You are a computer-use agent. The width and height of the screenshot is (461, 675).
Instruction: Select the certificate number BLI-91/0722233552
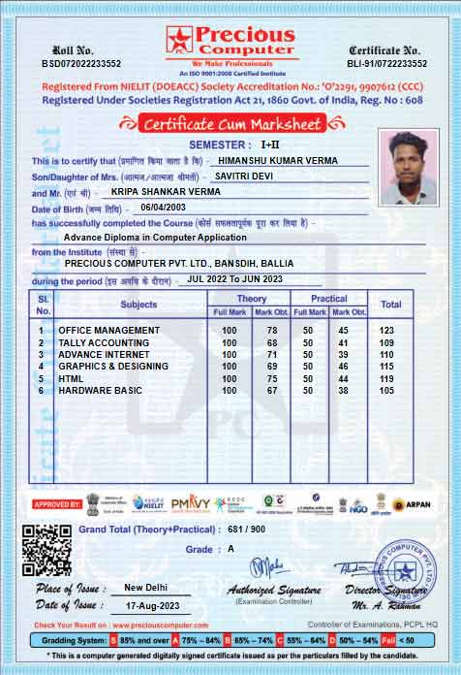[386, 63]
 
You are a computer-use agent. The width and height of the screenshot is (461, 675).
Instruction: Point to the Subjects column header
[138, 305]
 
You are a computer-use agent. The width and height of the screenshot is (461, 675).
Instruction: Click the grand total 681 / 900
[245, 530]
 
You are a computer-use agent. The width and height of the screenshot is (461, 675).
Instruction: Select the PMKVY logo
[190, 503]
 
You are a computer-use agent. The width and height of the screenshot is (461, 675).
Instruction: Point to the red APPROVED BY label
[57, 504]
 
